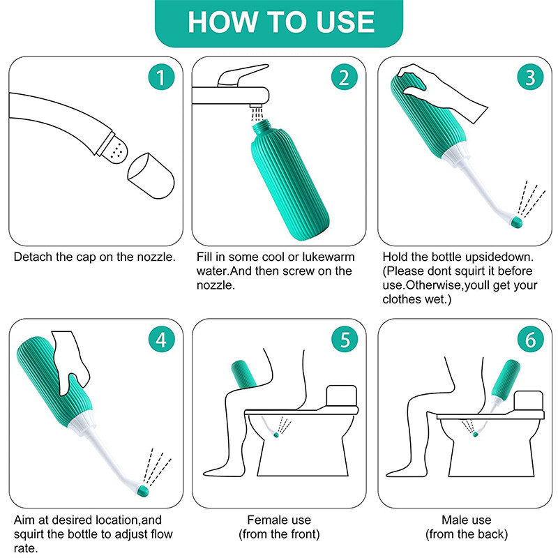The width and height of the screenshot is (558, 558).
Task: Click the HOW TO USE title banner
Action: tap(279, 23)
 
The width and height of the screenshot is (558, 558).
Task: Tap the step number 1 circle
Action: tap(161, 77)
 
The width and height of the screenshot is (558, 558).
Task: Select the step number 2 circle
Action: tap(344, 77)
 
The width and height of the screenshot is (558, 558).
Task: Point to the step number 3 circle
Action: tap(530, 77)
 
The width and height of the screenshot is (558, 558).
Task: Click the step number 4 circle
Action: tap(161, 340)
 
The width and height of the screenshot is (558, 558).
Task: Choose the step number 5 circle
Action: tap(344, 340)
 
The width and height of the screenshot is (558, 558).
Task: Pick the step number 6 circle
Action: tap(530, 340)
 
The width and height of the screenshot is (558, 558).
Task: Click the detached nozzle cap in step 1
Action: tap(151, 176)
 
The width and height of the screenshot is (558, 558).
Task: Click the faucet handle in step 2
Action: tap(243, 75)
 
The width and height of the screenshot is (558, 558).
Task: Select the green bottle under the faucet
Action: tap(289, 179)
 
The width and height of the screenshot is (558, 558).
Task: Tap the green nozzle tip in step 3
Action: tap(516, 223)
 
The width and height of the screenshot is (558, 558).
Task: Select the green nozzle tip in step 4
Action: tap(143, 491)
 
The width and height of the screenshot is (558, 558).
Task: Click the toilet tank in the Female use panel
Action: tap(341, 395)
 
